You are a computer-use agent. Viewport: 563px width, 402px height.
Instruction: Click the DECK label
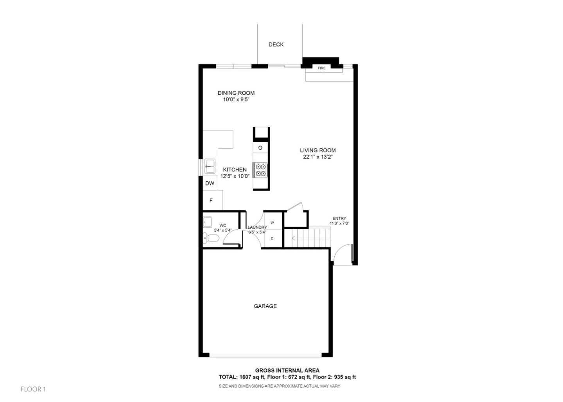(276, 45)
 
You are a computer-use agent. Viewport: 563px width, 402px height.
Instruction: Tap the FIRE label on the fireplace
(321, 68)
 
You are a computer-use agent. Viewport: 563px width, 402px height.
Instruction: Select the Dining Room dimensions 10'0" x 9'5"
(236, 100)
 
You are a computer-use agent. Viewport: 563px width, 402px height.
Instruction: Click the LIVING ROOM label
(317, 150)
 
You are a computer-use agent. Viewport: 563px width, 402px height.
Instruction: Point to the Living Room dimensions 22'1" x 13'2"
(317, 157)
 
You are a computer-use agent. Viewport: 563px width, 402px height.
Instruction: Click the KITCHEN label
(235, 170)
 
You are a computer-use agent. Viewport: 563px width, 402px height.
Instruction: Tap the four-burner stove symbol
(261, 170)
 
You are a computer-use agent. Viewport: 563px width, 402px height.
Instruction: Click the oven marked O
(260, 148)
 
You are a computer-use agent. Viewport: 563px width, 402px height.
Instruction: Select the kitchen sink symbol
(210, 166)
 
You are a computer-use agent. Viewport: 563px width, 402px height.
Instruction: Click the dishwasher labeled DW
(210, 183)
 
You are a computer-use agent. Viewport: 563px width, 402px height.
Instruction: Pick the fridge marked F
(211, 201)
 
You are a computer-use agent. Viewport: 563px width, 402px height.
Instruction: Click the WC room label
(223, 225)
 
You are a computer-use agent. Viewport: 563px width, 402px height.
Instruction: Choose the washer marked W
(272, 223)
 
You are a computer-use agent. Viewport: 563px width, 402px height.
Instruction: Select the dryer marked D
(272, 238)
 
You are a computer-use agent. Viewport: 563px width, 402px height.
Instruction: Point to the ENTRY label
(339, 218)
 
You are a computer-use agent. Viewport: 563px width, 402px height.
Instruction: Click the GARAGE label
(265, 306)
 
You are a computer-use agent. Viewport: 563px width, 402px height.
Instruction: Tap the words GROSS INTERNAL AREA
(287, 370)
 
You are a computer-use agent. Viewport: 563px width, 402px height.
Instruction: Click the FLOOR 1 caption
(33, 389)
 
